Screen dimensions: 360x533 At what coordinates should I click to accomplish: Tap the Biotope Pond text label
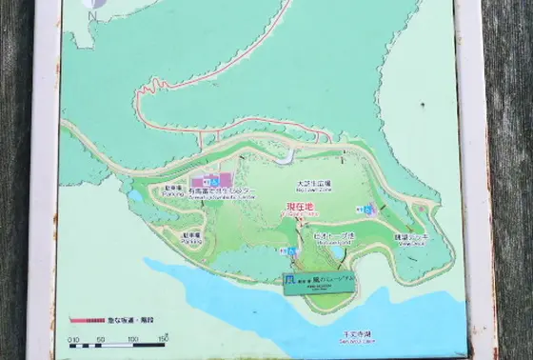click(x=334, y=234)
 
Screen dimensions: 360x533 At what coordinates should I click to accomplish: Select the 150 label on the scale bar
click(x=163, y=338)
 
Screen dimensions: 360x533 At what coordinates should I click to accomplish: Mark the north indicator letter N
click(x=90, y=15)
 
